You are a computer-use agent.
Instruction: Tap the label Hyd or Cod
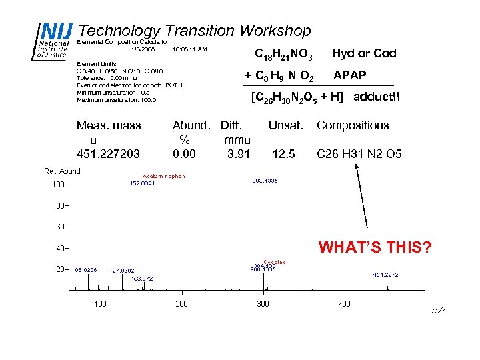[x=364, y=53]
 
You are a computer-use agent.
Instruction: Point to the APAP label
[x=349, y=75]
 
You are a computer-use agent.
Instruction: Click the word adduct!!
[x=377, y=97]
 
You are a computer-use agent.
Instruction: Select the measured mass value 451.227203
[x=109, y=154]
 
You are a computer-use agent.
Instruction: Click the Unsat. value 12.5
[x=284, y=154]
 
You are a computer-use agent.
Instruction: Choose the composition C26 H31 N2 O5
[x=359, y=154]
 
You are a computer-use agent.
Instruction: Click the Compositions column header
[x=353, y=125]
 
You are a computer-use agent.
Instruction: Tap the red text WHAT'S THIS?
[x=375, y=249]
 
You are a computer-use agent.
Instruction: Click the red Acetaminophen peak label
[x=163, y=176]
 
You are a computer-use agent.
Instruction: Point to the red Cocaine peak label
[x=274, y=262]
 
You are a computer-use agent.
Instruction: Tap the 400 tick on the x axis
[x=344, y=304]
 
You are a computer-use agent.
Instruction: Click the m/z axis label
[x=438, y=311]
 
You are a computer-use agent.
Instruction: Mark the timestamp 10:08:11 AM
[x=189, y=49]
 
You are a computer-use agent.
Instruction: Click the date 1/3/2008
[x=143, y=49]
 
